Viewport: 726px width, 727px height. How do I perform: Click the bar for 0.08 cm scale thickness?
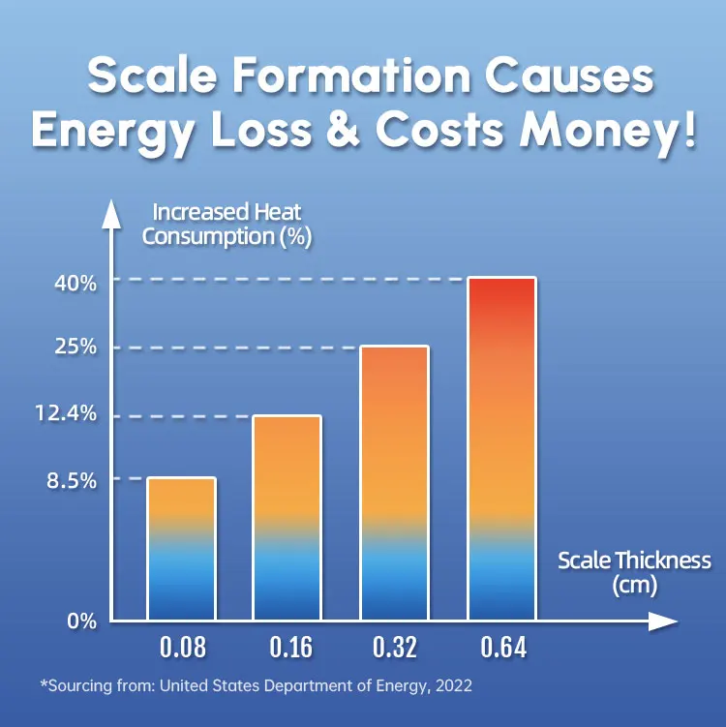[x=181, y=548]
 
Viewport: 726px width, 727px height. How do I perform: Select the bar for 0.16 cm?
[x=287, y=517]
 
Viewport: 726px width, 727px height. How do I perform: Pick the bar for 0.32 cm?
[x=394, y=482]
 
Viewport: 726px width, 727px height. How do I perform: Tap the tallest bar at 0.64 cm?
[x=501, y=448]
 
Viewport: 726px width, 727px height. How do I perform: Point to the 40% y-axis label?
[x=75, y=283]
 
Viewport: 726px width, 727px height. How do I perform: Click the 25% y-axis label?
[x=75, y=348]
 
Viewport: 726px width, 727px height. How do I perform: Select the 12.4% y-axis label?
[x=68, y=414]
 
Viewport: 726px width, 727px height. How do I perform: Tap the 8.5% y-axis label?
[x=71, y=479]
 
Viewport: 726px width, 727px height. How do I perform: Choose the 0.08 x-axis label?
[x=181, y=648]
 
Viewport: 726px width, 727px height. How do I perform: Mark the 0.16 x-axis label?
[x=287, y=648]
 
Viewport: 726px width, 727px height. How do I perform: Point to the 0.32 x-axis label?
[x=394, y=648]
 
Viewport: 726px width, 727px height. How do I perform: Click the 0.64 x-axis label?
[x=501, y=648]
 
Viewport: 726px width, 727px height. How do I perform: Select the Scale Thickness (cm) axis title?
[x=635, y=572]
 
